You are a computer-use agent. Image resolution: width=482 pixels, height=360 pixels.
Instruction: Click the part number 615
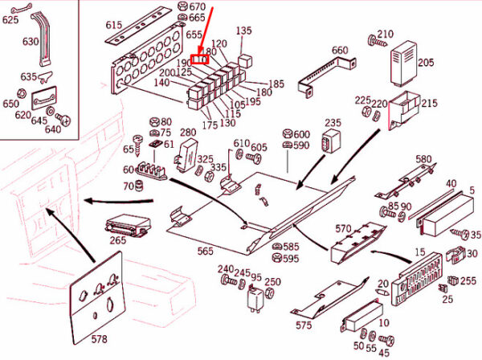113,25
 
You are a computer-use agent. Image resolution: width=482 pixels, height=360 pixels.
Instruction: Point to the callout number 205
426,63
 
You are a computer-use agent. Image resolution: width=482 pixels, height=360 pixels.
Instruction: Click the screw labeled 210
374,40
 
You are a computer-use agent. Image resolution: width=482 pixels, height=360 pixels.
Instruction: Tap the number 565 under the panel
206,252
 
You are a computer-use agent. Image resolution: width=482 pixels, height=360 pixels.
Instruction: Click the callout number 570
343,229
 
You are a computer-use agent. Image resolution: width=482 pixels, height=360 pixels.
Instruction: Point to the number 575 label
304,325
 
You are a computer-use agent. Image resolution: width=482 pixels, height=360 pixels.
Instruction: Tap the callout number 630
31,41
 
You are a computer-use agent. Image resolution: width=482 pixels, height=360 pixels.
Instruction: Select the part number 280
188,133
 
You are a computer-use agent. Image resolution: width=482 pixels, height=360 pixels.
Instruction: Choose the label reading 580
423,159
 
